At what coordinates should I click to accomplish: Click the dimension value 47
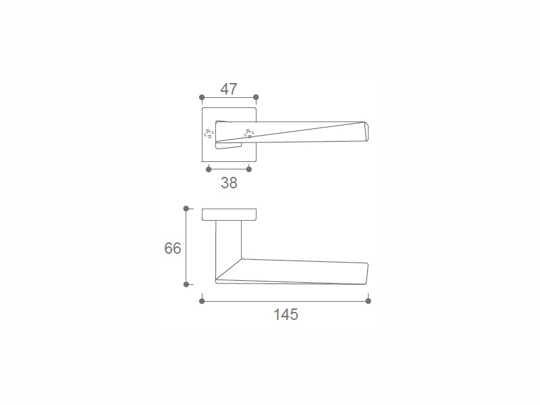(x=229, y=89)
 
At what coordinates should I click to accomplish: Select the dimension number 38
(x=229, y=183)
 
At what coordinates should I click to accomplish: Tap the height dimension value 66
(x=173, y=248)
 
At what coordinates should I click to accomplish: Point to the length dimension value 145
(x=286, y=315)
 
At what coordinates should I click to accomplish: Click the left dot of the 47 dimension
(x=202, y=97)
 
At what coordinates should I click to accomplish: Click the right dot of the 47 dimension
(x=256, y=97)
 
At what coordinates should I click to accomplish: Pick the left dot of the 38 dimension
(x=209, y=169)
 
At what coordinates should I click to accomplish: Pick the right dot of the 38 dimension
(x=249, y=169)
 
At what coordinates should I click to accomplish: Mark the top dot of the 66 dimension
(x=186, y=209)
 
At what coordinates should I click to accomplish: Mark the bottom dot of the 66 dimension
(x=186, y=284)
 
